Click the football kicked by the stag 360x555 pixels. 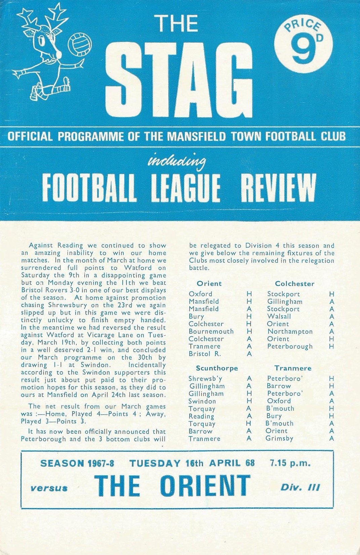(x=80, y=44)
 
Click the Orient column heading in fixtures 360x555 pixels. (x=209, y=284)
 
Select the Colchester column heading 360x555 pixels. (x=294, y=284)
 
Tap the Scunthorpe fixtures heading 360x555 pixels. (x=217, y=368)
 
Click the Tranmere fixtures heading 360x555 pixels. (x=293, y=368)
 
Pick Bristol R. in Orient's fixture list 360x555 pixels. (x=205, y=354)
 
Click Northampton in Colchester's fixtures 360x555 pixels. (x=290, y=332)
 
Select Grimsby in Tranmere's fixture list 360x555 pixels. (x=279, y=438)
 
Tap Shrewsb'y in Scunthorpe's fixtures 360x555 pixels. (x=205, y=379)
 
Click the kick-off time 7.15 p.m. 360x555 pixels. (x=290, y=463)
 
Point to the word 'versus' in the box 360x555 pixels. (x=49, y=488)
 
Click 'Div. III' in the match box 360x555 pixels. (x=300, y=487)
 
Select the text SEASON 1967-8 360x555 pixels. (x=77, y=464)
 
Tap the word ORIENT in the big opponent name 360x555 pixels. (x=205, y=486)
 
